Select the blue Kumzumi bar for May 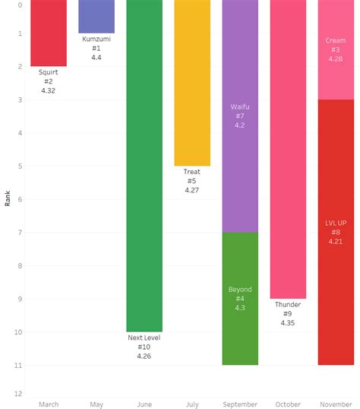click(x=96, y=16)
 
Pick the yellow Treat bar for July click(x=192, y=83)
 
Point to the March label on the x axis click(x=48, y=404)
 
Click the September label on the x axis click(x=240, y=404)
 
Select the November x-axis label click(x=336, y=404)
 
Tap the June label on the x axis click(x=144, y=404)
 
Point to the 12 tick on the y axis click(x=18, y=394)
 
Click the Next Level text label click(x=144, y=338)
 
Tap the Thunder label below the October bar click(x=288, y=305)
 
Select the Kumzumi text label click(x=96, y=39)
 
